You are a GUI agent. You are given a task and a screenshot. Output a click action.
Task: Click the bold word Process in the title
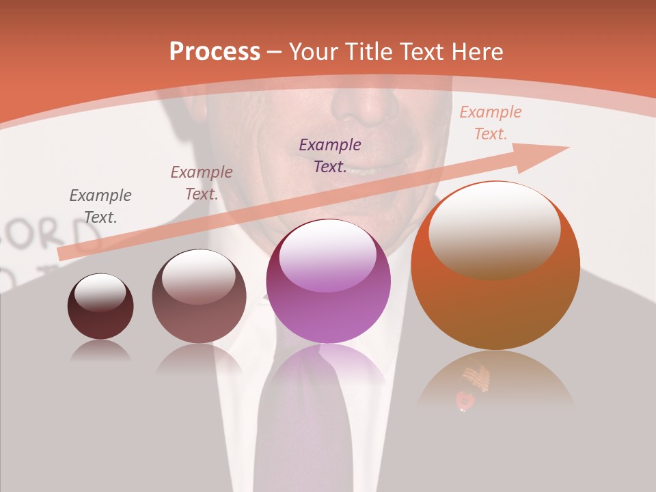pyautogui.click(x=215, y=52)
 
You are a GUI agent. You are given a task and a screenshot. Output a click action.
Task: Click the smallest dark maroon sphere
pyautogui.click(x=100, y=307)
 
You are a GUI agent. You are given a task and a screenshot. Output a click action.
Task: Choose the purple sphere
pyautogui.click(x=328, y=282)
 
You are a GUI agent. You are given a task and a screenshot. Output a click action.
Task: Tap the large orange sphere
pyautogui.click(x=495, y=266)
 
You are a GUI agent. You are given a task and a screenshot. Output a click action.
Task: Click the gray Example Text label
pyautogui.click(x=100, y=206)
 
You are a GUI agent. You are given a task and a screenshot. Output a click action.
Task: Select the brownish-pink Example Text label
pyautogui.click(x=202, y=183)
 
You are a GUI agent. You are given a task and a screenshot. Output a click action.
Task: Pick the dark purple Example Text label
pyautogui.click(x=330, y=156)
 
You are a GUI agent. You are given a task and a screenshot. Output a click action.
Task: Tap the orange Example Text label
pyautogui.click(x=490, y=123)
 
